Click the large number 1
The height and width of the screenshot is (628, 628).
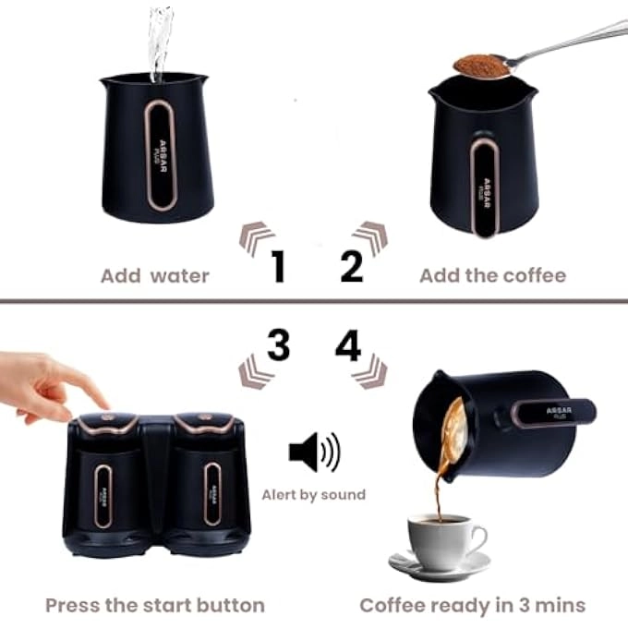tap(277, 267)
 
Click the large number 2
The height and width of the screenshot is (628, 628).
tap(352, 267)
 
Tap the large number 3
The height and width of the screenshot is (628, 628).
tap(278, 346)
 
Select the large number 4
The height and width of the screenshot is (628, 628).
tap(348, 346)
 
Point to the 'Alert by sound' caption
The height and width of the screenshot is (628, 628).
tap(313, 495)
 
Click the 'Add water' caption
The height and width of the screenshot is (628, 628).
tap(155, 275)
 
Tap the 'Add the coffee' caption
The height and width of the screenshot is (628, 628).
tap(492, 275)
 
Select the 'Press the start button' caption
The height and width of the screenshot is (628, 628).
tap(155, 606)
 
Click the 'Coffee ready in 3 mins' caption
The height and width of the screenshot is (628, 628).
tap(472, 606)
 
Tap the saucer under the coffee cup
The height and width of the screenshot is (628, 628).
tap(440, 564)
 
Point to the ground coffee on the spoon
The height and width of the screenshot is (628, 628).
tap(481, 66)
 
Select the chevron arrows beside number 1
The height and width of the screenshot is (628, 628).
tap(257, 238)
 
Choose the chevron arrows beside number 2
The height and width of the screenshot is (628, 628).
tap(369, 238)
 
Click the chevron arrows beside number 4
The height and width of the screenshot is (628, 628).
tap(368, 371)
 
